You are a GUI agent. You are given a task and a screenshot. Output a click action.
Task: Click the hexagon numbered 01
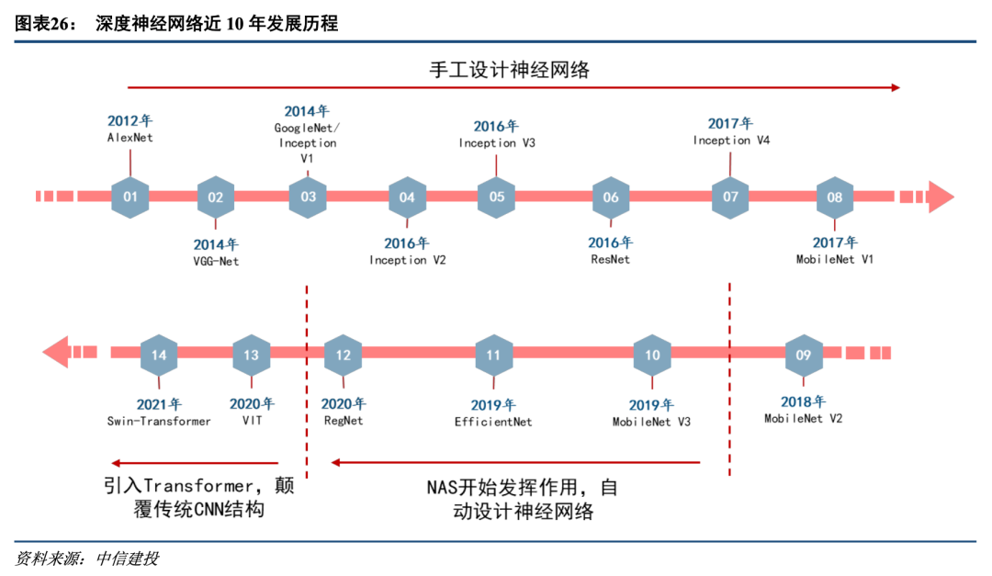tap(130, 197)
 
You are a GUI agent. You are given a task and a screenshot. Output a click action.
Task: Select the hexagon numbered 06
tap(611, 197)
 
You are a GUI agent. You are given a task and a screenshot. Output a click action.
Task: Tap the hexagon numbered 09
tap(804, 354)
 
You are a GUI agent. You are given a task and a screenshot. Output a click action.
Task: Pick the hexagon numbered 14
tap(159, 354)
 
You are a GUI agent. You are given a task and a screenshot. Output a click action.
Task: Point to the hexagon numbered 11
tap(494, 354)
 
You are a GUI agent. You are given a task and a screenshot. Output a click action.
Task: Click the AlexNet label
tap(130, 138)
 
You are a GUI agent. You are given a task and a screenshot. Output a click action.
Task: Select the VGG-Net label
tap(216, 261)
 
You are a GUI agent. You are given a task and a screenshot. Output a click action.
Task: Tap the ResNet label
tap(611, 260)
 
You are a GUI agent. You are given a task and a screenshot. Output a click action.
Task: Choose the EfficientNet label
tap(493, 422)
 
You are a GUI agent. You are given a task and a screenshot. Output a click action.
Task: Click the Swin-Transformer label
tap(159, 421)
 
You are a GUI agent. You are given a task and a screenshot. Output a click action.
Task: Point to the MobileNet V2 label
tap(804, 418)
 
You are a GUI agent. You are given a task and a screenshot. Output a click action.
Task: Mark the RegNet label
tap(344, 421)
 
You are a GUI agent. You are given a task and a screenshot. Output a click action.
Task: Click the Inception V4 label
tap(731, 141)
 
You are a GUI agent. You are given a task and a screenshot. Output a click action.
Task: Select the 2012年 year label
tap(130, 120)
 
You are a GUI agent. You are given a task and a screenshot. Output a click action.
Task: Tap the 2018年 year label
tap(804, 401)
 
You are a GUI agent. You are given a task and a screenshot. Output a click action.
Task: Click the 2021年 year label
tap(159, 404)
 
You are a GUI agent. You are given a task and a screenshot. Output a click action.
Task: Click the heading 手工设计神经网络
tap(508, 69)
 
